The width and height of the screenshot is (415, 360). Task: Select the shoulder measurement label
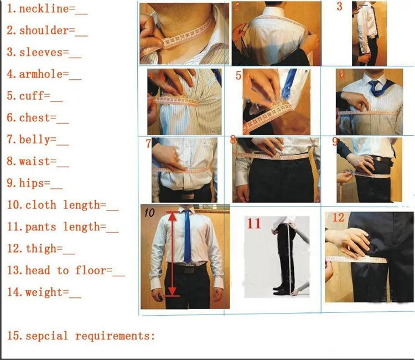pyautogui.click(x=44, y=31)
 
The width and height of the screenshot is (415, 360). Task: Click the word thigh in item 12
pyautogui.click(x=40, y=249)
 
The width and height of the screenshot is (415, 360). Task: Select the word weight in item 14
pyautogui.click(x=43, y=292)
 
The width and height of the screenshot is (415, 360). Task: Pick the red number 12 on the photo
pyautogui.click(x=338, y=218)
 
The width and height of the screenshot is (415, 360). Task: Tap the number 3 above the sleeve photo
pyautogui.click(x=339, y=7)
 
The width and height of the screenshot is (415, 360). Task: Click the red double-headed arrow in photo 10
pyautogui.click(x=173, y=252)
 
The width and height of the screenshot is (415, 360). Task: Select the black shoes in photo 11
pyautogui.click(x=282, y=290)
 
